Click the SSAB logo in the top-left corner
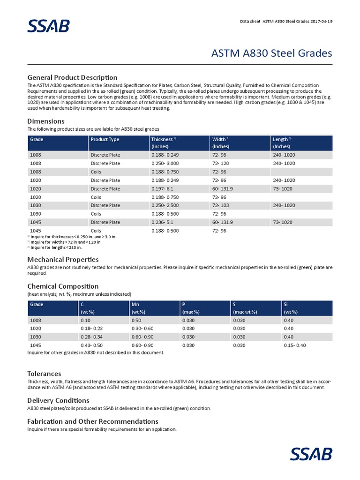coord(48,26)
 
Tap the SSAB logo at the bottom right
coord(311,454)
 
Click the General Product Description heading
coord(72,77)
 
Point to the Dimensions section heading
coord(46,121)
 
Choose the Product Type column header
coord(105,139)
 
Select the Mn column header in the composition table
coord(135,304)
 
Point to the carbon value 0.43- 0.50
coord(92,345)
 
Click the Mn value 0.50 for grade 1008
coord(136,320)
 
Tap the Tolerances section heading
coord(44,374)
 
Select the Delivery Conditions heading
coord(58,400)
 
